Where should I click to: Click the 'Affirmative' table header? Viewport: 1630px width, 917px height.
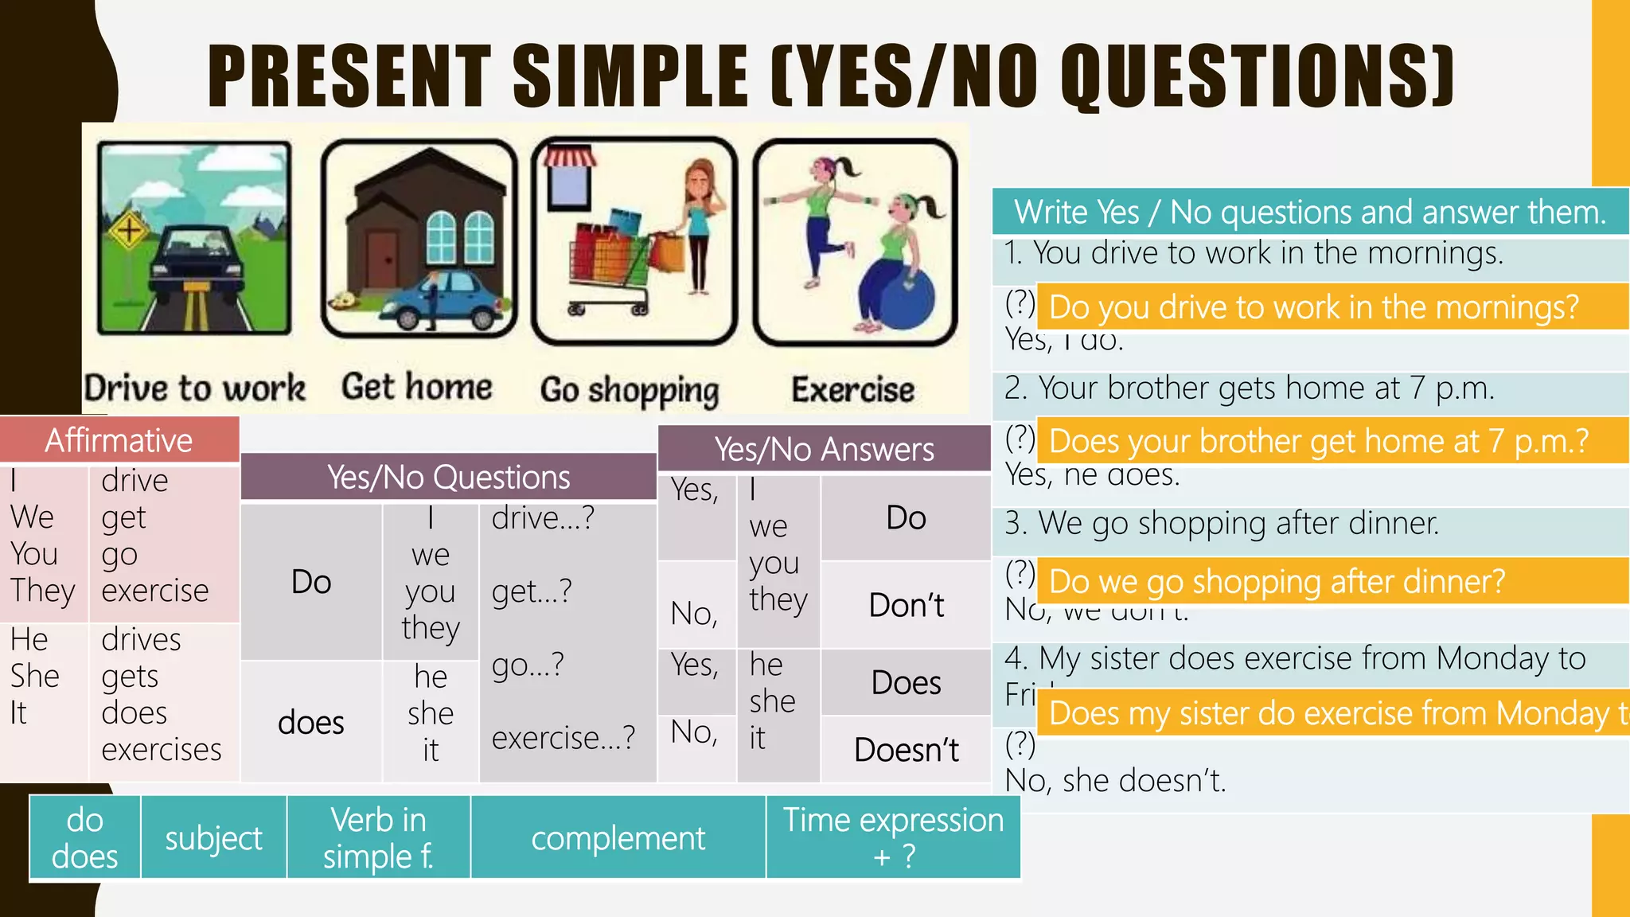(119, 440)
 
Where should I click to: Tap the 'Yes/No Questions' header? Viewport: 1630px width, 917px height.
(448, 478)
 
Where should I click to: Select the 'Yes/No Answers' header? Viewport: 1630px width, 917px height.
(824, 450)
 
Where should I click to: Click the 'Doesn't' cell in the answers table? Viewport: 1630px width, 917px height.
(906, 750)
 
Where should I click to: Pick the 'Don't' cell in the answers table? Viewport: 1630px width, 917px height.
(906, 606)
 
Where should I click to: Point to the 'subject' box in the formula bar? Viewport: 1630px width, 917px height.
(213, 838)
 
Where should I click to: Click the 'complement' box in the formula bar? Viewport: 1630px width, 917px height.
(618, 838)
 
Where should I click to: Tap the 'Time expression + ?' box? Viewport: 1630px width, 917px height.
(893, 838)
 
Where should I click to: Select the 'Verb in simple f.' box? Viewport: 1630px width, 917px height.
(378, 838)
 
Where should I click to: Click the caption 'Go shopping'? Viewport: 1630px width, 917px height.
(630, 390)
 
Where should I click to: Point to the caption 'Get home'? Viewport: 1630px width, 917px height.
(417, 387)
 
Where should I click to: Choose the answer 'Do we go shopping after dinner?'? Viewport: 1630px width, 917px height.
(1277, 582)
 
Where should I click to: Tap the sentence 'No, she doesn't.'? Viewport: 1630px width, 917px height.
(1115, 781)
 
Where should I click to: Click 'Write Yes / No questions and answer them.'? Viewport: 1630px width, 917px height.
(1310, 213)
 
